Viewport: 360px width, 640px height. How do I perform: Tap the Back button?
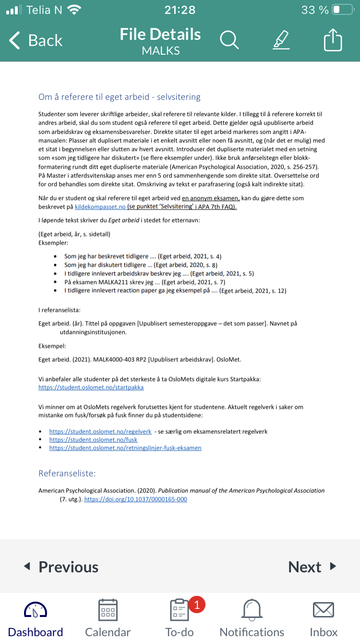36,41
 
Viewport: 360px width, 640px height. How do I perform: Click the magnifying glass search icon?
229,40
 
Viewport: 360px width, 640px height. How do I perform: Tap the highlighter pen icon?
281,40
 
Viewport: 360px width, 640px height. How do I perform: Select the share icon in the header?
333,40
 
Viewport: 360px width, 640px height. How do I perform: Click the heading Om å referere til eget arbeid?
119,97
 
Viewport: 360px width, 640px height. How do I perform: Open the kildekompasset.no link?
100,207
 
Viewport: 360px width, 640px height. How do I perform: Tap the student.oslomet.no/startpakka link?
91,387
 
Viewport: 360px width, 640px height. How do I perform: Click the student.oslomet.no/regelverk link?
100,431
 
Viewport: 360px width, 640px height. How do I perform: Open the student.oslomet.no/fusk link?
93,439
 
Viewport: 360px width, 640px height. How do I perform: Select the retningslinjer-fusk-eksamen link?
125,448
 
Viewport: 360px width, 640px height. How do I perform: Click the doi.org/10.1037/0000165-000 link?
135,499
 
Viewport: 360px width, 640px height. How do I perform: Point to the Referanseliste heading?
67,474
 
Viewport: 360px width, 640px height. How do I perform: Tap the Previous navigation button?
61,567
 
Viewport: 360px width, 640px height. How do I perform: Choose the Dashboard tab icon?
36,610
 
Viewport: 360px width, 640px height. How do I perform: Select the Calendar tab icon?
108,610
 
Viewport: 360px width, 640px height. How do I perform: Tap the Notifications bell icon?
252,610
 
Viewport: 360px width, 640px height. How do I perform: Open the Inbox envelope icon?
324,610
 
